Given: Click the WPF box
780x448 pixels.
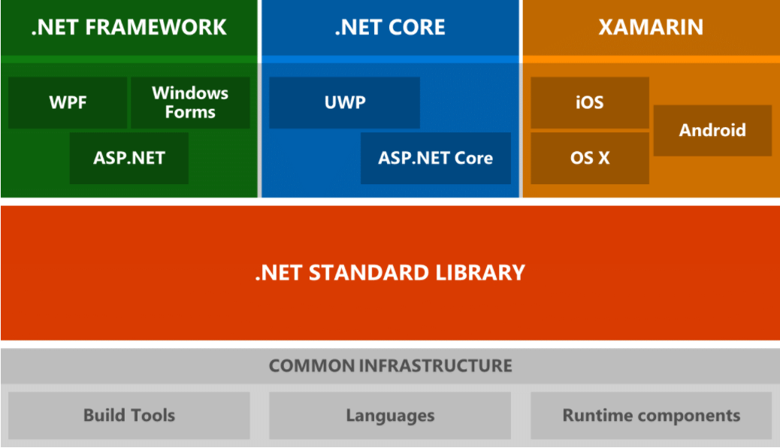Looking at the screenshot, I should click(68, 102).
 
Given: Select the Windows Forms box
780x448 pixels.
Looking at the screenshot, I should click(190, 102).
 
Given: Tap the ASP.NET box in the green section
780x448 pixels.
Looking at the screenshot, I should click(129, 158).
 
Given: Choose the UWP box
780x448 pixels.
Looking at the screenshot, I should click(344, 102).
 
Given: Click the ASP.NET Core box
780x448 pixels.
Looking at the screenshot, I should click(435, 158).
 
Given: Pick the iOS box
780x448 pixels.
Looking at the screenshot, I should click(589, 102).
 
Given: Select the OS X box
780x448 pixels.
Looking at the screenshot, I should click(589, 158).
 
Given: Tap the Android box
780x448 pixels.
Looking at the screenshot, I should click(712, 130).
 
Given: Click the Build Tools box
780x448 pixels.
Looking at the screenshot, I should click(129, 415).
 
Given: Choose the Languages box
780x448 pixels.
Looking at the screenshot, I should click(390, 415).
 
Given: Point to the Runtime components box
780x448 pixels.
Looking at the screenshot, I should click(651, 415).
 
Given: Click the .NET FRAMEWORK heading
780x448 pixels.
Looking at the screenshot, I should click(129, 28).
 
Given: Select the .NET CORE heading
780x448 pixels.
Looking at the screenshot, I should click(390, 28).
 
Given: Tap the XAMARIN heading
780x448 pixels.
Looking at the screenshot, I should click(651, 28).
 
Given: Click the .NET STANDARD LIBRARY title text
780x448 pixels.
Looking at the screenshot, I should click(390, 271).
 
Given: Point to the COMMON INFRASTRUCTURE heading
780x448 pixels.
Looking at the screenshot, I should click(390, 366).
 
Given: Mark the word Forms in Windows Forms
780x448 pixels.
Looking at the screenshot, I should click(190, 112).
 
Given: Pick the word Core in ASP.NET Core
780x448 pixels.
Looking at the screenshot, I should click(473, 158).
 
